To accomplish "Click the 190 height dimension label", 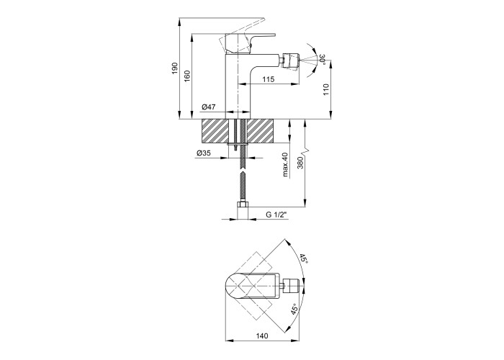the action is pos(174,68).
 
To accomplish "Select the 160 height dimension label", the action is pos(187,76).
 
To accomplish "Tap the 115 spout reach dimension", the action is pos(268,79).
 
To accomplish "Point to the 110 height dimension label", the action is pos(326,89).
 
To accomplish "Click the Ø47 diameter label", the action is pos(209,107).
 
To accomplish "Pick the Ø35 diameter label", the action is pos(203,153).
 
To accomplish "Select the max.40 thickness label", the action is pos(285,165).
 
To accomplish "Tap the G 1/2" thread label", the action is pos(276,215).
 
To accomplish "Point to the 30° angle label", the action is pos(323,60).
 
